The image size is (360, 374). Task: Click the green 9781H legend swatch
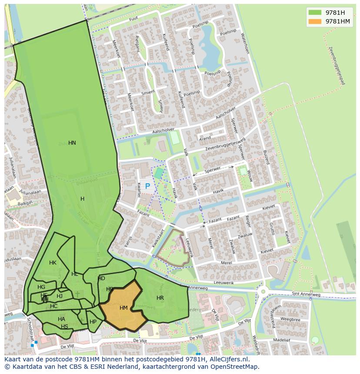click(x=315, y=13)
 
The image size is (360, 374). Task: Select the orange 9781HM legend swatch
click(x=315, y=21)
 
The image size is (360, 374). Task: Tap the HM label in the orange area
click(x=123, y=308)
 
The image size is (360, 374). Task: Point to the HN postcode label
click(x=72, y=143)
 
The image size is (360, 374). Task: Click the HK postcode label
click(x=53, y=263)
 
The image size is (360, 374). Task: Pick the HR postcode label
click(x=160, y=298)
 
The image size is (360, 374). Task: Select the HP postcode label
click(x=93, y=322)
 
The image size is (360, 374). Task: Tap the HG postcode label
click(x=41, y=287)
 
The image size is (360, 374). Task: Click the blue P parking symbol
click(x=147, y=186)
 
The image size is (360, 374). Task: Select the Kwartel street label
click(x=139, y=190)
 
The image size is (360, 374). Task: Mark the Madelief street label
click(x=282, y=340)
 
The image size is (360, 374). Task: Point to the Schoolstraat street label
click(x=30, y=329)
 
